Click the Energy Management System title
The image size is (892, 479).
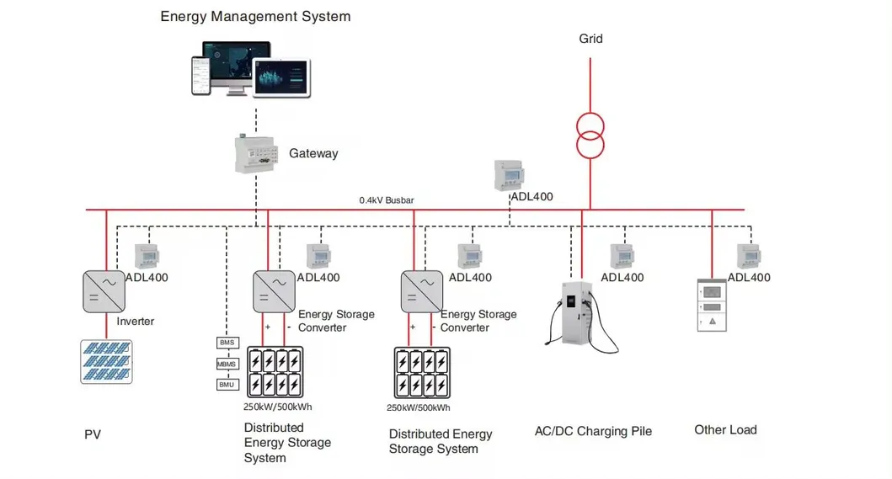click(255, 16)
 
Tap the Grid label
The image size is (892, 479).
click(590, 39)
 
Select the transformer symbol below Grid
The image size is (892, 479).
click(590, 135)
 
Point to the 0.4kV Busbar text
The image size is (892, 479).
click(387, 200)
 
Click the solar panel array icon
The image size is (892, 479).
click(106, 361)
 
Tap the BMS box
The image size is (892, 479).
click(227, 343)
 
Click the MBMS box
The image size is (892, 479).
click(227, 364)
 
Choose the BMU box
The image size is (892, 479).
click(227, 385)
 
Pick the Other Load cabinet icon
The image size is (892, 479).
click(712, 305)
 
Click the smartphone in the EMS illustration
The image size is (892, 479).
click(199, 76)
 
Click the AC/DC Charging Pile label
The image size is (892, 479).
click(593, 431)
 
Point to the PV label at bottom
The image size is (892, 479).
click(93, 435)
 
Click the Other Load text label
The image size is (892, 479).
click(725, 430)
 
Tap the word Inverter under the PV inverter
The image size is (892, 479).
click(136, 321)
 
